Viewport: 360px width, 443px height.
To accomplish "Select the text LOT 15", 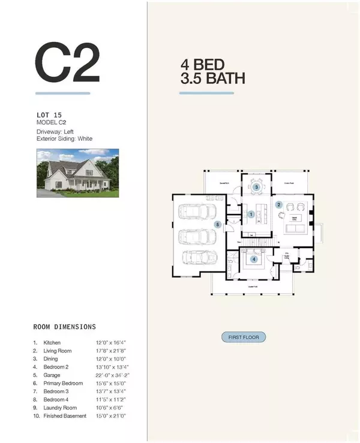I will tap(48, 114).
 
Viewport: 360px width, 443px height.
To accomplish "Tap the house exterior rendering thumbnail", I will tap(77, 173).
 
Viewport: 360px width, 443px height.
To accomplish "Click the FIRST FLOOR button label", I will tap(243, 337).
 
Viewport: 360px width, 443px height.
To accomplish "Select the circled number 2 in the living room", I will tap(278, 204).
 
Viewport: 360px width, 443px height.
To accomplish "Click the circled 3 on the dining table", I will tap(256, 187).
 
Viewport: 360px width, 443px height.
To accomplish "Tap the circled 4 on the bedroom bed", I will tap(254, 259).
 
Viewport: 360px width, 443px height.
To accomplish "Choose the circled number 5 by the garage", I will tap(218, 224).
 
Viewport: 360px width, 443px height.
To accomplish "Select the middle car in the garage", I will tap(197, 235).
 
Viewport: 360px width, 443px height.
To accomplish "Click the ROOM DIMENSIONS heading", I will tap(64, 327).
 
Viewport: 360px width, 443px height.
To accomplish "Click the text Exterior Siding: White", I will tap(65, 138).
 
